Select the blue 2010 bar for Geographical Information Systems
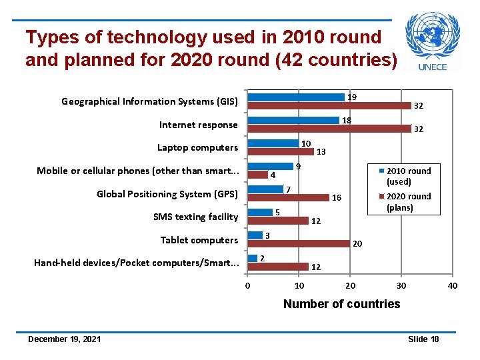[x=296, y=97]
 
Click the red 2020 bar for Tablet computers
[x=298, y=243]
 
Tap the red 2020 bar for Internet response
[x=329, y=129]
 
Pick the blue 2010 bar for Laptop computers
[x=273, y=143]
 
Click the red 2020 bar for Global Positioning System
[x=288, y=197]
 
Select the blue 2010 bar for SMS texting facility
[x=260, y=213]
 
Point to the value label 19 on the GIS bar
[x=352, y=97]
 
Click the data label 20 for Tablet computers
[x=357, y=244]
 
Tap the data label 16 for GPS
[x=337, y=198]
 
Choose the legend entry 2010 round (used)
[x=408, y=176]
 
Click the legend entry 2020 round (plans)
[x=408, y=201]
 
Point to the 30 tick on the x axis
[x=401, y=286]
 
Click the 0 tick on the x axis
[x=248, y=286]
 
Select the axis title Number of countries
[x=341, y=304]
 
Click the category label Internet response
[x=198, y=125]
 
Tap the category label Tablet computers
[x=199, y=240]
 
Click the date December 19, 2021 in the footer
[x=65, y=339]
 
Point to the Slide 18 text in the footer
[x=423, y=339]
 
